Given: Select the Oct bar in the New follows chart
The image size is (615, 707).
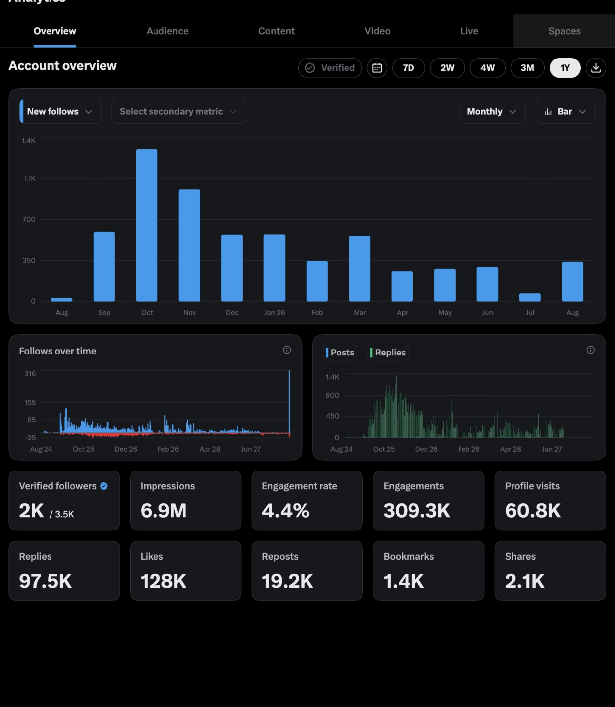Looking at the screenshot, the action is [x=147, y=225].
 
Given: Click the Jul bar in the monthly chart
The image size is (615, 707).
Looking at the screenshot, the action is [x=530, y=297].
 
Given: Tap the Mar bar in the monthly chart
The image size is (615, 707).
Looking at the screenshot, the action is [x=359, y=269].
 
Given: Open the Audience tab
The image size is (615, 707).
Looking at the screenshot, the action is [x=167, y=31].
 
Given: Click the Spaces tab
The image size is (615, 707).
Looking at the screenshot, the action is [x=564, y=31].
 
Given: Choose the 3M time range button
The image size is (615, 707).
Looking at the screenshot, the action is [x=527, y=68].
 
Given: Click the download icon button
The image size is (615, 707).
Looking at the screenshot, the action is [x=595, y=68].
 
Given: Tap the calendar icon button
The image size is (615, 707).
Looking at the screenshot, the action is [x=377, y=68].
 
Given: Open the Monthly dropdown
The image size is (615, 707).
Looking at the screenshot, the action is [x=492, y=111].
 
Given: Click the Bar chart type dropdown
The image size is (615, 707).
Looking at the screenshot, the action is [x=565, y=111].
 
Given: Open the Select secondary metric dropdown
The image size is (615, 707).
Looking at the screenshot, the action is [x=178, y=111].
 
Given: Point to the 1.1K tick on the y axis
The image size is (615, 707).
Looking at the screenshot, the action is [x=29, y=178].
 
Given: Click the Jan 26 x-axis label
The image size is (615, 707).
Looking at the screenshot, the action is [x=274, y=313].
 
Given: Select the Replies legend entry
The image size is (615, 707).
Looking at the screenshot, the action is [x=388, y=353].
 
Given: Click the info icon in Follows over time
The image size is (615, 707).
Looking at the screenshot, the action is [x=286, y=350].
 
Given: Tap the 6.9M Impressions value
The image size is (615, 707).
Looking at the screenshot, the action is [x=163, y=510].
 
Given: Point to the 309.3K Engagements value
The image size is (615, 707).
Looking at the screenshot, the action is [x=416, y=510].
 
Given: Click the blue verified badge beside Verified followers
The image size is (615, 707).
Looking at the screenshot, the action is [x=104, y=486].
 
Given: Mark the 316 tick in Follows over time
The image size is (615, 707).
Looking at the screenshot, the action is [x=30, y=373].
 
